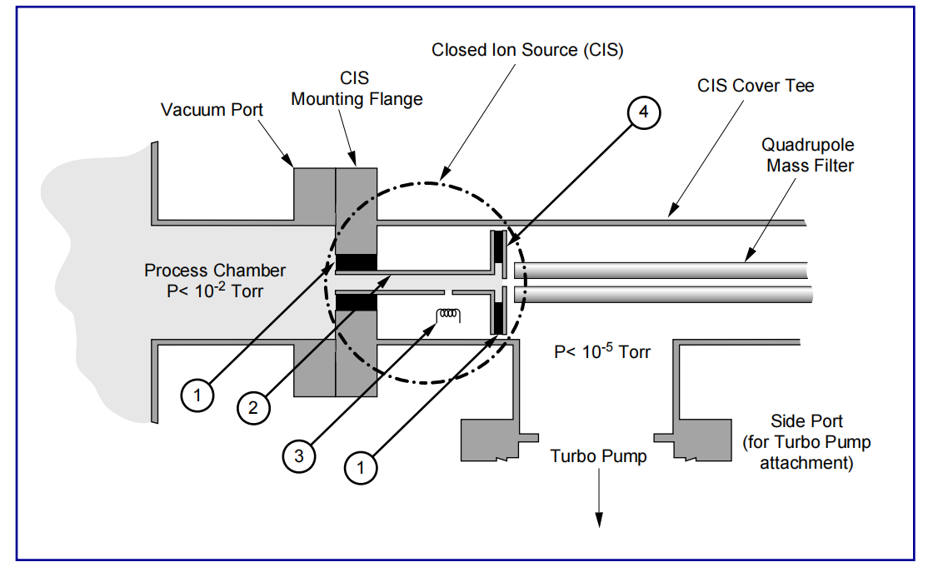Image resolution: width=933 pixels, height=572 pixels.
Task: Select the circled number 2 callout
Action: point(253,407)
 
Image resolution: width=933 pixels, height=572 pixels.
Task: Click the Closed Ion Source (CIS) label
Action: point(527,50)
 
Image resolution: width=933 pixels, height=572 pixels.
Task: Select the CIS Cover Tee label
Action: point(756,85)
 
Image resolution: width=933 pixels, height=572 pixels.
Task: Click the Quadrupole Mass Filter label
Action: point(811,155)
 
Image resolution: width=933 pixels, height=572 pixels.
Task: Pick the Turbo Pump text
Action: point(598,456)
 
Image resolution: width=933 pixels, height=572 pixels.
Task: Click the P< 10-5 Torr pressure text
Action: point(602,352)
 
